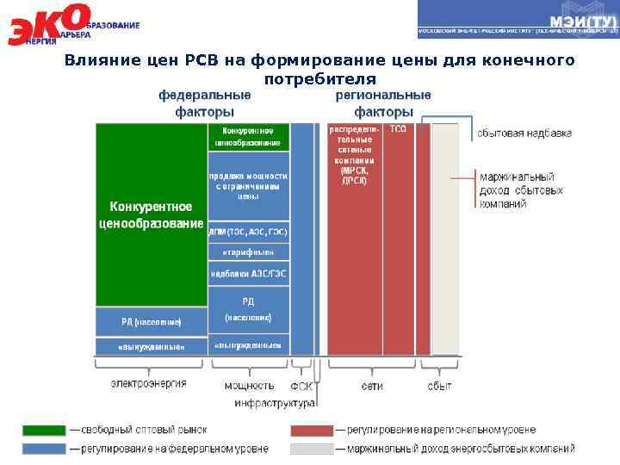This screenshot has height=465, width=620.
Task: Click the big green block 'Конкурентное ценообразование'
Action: (x=151, y=215)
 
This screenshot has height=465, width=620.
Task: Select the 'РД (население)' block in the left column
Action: (x=151, y=321)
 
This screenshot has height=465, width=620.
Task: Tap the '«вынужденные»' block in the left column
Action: (x=151, y=346)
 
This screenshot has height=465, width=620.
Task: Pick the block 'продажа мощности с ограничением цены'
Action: (x=248, y=185)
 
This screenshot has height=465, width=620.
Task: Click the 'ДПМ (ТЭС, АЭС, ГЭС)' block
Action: (x=248, y=232)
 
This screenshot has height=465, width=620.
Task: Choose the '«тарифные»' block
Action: (x=248, y=252)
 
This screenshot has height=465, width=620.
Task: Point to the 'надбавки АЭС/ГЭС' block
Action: (x=248, y=275)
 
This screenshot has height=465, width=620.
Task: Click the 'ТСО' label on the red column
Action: (x=398, y=130)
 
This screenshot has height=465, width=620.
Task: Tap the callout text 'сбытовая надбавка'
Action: (x=524, y=133)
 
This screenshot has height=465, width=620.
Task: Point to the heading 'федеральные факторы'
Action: (x=204, y=103)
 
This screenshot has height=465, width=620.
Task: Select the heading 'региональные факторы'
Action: (x=383, y=103)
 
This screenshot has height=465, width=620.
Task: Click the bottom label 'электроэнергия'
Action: (x=148, y=384)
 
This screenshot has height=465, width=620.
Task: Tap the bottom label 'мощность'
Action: (x=249, y=386)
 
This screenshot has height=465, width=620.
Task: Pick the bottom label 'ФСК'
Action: (x=301, y=386)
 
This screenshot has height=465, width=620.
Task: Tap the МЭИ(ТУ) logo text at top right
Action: (x=582, y=20)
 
